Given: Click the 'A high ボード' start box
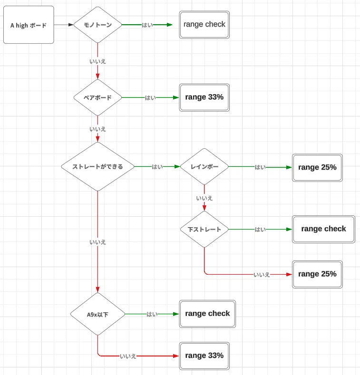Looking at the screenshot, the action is (29, 25).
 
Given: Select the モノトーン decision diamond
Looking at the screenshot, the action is (97, 25).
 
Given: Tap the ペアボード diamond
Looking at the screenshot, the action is (97, 97).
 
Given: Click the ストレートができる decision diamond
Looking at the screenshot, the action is (97, 166).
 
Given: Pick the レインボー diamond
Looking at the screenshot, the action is (204, 166).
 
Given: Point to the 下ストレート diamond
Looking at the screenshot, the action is (204, 230).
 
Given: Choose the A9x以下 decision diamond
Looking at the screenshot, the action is (97, 314).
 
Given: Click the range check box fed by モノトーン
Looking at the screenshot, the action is (204, 25).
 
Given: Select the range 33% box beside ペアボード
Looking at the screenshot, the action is (204, 97).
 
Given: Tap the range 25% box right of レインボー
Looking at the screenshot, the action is (317, 168).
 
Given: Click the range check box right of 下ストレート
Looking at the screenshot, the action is (323, 230).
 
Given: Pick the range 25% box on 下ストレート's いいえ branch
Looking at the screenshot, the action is (317, 274).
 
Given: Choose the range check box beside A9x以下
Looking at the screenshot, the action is (207, 314).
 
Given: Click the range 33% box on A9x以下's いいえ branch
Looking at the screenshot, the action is (204, 356).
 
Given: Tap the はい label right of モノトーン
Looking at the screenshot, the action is (147, 25).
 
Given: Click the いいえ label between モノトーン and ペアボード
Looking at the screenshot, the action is (97, 61).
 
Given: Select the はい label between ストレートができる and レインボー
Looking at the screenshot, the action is (157, 167).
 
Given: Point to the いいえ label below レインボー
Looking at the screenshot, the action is (204, 198).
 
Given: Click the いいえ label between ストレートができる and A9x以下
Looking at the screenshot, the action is (97, 242).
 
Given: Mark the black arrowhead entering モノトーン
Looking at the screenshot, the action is (71, 25).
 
